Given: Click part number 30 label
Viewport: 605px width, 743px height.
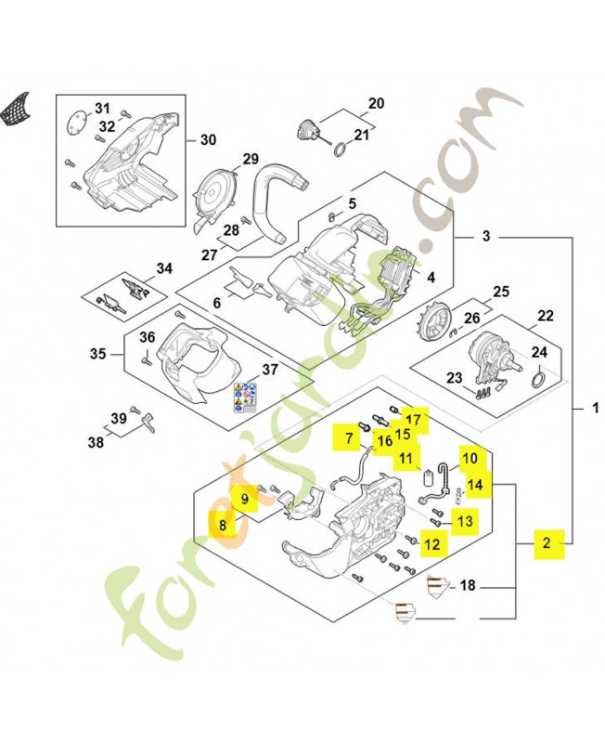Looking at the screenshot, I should pyautogui.click(x=208, y=140).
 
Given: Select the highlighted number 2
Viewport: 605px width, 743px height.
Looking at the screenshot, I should pyautogui.click(x=547, y=543).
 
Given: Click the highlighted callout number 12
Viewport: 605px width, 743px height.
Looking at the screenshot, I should pyautogui.click(x=431, y=544).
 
